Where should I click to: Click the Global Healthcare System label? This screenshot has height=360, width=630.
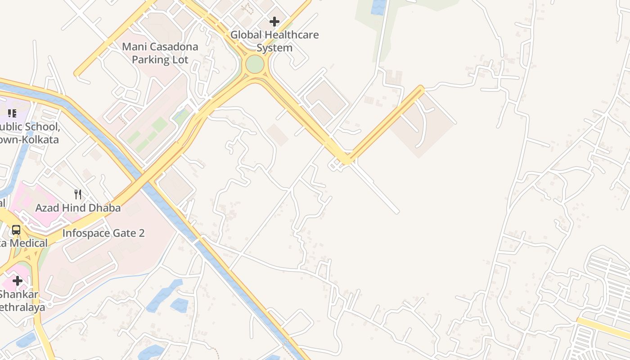[274, 41]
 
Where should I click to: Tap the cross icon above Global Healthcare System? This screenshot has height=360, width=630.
[274, 21]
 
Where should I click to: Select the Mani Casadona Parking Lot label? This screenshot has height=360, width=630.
[160, 53]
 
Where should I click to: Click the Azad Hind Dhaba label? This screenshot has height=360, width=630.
[78, 208]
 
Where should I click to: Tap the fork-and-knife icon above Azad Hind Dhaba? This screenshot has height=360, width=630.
[78, 194]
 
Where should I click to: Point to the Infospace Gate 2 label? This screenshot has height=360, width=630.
[103, 233]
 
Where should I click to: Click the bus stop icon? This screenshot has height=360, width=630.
[16, 230]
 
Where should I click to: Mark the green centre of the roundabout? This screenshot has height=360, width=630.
[255, 64]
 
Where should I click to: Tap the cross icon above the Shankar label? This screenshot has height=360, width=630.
[18, 281]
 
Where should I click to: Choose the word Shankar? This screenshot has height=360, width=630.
[19, 295]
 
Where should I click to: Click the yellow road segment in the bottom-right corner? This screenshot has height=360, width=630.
[603, 328]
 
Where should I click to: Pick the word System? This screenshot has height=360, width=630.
[274, 48]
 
